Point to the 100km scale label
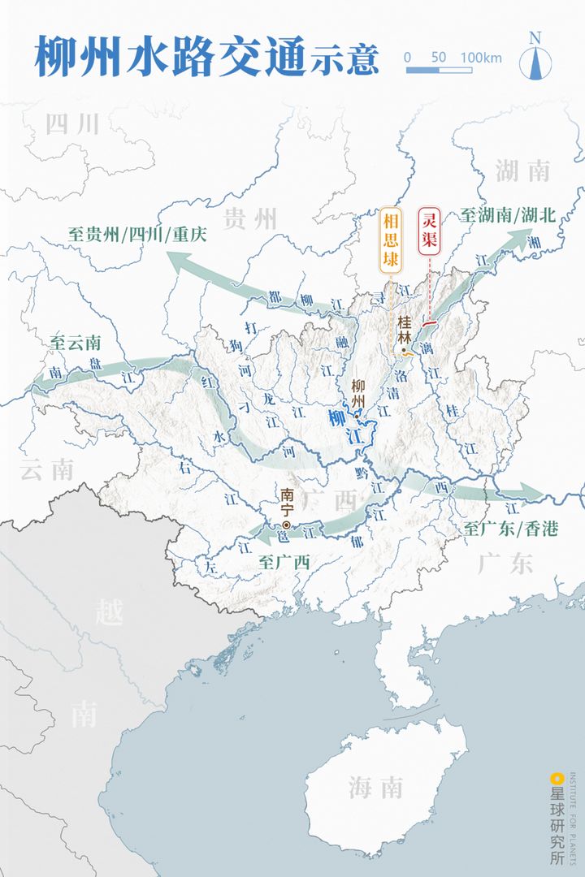point(481,58)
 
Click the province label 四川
point(72,124)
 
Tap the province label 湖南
point(522,171)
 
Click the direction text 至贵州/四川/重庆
point(137,234)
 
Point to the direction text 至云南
point(75,342)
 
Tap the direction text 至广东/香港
point(511,529)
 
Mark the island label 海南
point(375,787)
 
